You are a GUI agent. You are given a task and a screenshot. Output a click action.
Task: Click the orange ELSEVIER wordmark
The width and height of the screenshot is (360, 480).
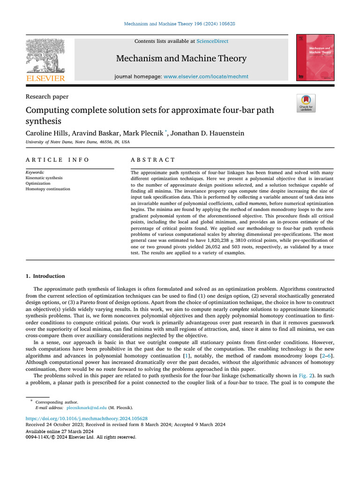click(45, 79)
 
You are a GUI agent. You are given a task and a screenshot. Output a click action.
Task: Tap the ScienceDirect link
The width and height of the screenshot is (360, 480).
click(212, 41)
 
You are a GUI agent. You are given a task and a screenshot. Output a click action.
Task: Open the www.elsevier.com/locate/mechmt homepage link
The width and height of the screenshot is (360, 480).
click(206, 76)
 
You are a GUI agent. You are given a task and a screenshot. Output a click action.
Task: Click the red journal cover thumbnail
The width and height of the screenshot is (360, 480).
click(315, 57)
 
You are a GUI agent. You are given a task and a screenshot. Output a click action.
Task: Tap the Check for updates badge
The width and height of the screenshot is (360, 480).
click(306, 103)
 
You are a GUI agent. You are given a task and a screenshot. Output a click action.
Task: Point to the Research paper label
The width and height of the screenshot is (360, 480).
click(47, 97)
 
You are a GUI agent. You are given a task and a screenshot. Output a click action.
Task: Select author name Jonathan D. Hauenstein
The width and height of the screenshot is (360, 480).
click(207, 134)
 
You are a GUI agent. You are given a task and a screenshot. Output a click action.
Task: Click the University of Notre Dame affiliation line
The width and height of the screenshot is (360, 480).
click(78, 142)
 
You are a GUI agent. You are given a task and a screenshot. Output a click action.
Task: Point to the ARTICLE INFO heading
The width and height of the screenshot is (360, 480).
click(57, 160)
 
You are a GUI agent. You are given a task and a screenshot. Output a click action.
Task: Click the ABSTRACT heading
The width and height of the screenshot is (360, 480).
click(153, 160)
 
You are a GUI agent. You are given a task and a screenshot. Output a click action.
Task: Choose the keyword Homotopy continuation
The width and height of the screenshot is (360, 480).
click(48, 189)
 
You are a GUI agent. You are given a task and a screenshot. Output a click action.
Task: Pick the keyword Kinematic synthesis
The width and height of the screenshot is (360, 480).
click(44, 178)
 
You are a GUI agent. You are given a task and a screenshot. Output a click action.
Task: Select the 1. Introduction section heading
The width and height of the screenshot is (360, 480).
click(45, 276)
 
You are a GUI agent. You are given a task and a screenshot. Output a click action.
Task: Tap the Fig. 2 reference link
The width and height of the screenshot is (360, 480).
click(306, 376)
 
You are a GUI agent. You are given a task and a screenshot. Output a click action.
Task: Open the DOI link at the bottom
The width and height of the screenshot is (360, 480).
click(87, 418)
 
